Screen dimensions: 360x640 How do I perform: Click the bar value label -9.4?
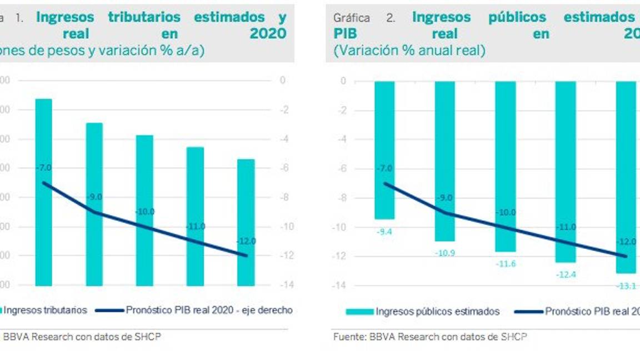tap(384, 232)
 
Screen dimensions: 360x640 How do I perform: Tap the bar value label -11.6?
tap(505, 264)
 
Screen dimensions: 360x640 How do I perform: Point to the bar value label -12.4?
tap(566, 274)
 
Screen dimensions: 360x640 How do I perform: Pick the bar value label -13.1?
tap(626, 286)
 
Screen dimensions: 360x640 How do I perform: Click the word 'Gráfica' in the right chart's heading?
tap(352, 18)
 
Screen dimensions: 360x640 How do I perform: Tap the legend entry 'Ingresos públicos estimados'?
tap(437, 312)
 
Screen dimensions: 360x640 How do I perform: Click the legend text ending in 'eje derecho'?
tap(209, 311)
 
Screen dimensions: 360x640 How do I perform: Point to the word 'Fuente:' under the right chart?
tap(349, 337)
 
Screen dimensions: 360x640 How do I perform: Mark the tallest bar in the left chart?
tap(43, 192)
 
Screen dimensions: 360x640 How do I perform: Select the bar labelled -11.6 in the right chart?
tap(505, 166)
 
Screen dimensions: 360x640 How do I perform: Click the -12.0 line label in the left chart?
tap(246, 241)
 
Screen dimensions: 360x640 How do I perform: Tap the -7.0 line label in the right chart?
tap(384, 168)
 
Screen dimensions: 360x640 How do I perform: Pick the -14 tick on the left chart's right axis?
tap(283, 285)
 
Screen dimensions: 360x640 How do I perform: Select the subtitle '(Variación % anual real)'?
tap(409, 51)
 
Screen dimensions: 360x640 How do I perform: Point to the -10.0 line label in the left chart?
tap(145, 212)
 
